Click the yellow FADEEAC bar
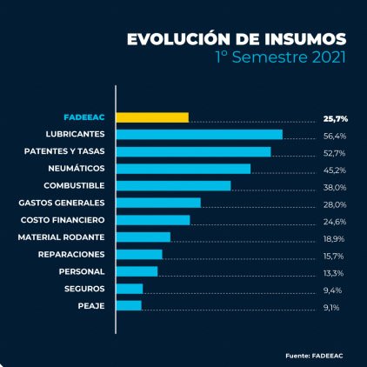tap(152, 117)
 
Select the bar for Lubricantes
tap(199, 135)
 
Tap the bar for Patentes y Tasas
tap(193, 151)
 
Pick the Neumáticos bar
tap(183, 169)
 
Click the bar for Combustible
tap(174, 185)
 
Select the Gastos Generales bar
tap(158, 203)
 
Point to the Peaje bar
tap(129, 305)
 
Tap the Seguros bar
tap(130, 288)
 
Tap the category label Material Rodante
tap(62, 237)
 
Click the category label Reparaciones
tap(71, 254)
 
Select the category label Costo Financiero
tap(63, 220)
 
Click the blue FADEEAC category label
tap(84, 117)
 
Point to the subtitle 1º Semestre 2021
tap(281, 57)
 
